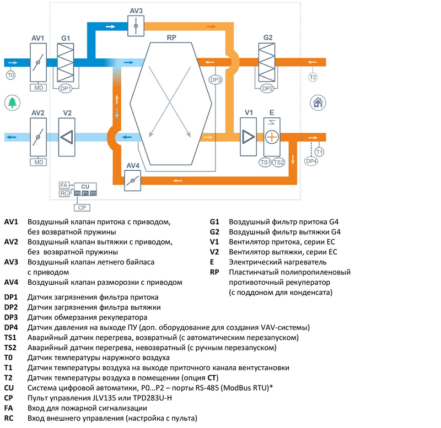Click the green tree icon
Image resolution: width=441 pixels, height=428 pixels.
pyautogui.click(x=12, y=102)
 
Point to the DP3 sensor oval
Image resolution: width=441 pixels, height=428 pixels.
pyautogui.click(x=216, y=80)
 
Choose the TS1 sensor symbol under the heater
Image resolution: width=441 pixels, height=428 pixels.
pyautogui.click(x=266, y=162)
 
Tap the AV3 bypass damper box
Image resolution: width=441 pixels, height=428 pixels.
pyautogui.click(x=136, y=26)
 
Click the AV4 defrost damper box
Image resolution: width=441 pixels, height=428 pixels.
pyautogui.click(x=133, y=180)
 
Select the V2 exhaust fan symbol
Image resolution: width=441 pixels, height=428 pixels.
pyautogui.click(x=67, y=137)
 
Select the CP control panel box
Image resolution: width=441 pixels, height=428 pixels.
pyautogui.click(x=80, y=207)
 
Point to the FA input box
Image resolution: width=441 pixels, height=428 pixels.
pyautogui.click(x=63, y=186)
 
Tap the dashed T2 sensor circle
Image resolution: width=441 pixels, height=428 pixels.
pyautogui.click(x=313, y=77)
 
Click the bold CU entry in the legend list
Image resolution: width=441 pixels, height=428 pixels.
pyautogui.click(x=9, y=388)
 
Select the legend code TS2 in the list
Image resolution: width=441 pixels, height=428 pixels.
pyautogui.click(x=10, y=348)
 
